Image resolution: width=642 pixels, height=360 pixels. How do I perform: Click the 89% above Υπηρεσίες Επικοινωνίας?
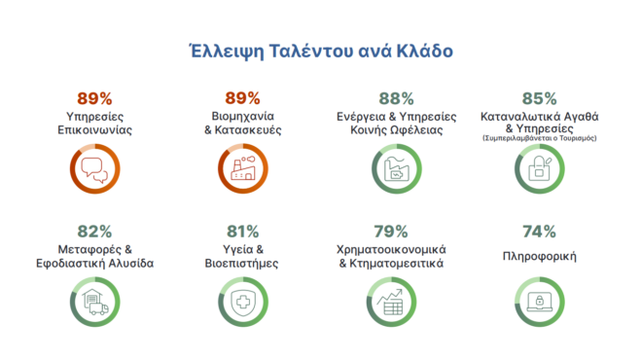[x=94, y=98]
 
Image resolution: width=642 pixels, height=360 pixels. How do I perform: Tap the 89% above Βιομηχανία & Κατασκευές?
[x=242, y=98]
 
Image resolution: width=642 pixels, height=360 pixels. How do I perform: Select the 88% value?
[x=396, y=98]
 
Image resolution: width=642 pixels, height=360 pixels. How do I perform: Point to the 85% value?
[x=538, y=98]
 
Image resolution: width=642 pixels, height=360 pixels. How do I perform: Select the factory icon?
[x=242, y=172]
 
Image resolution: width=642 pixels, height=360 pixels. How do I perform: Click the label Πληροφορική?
[x=538, y=257]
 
